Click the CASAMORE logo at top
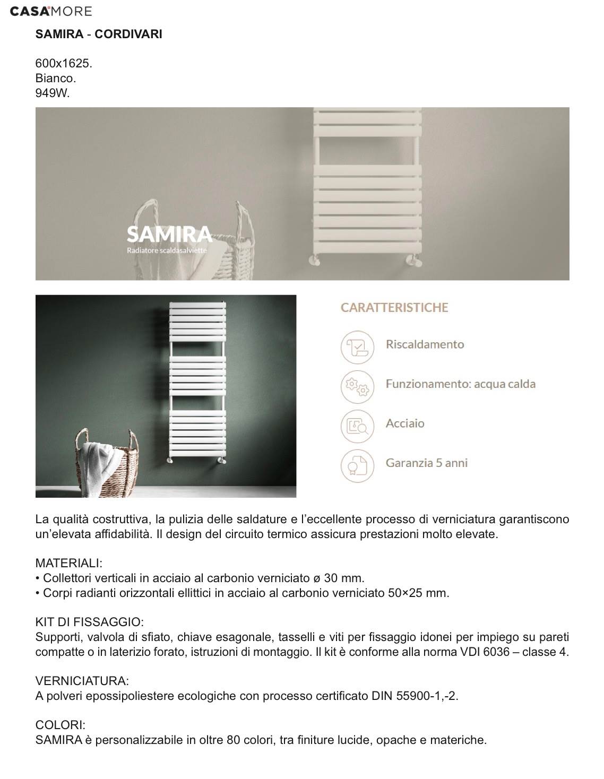pyautogui.click(x=51, y=11)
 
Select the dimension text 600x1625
pyautogui.click(x=64, y=63)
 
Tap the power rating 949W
pyautogui.click(x=53, y=93)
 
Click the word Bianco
pyautogui.click(x=56, y=78)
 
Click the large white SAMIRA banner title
pyautogui.click(x=169, y=234)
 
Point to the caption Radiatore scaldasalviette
pyautogui.click(x=167, y=250)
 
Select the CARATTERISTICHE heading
pyautogui.click(x=394, y=308)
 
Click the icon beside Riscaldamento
pyautogui.click(x=357, y=347)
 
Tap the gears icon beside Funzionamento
pyautogui.click(x=357, y=386)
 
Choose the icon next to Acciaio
pyautogui.click(x=357, y=426)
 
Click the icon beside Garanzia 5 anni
pyautogui.click(x=357, y=465)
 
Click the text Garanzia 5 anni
pyautogui.click(x=427, y=463)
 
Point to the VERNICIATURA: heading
pyautogui.click(x=82, y=681)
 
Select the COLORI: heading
pyautogui.click(x=61, y=725)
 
